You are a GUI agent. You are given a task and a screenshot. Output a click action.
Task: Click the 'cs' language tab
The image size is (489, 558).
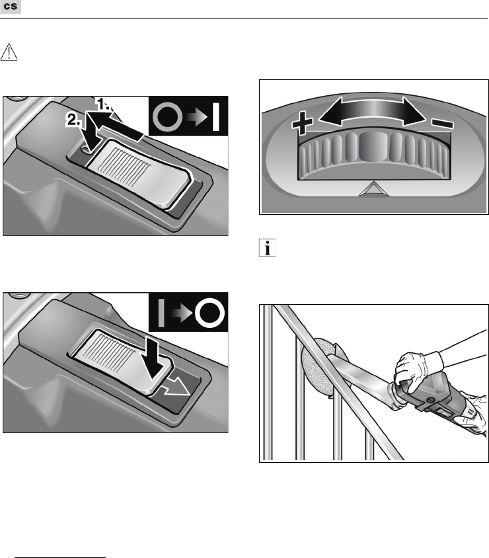click(x=11, y=7)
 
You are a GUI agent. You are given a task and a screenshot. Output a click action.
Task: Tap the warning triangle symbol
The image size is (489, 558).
click(x=9, y=52)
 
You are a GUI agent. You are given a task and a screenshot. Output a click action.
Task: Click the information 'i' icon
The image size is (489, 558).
click(x=267, y=248)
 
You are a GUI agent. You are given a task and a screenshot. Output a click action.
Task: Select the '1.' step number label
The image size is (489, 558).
click(x=104, y=104)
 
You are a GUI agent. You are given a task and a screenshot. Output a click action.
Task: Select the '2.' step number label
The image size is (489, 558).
click(x=73, y=120)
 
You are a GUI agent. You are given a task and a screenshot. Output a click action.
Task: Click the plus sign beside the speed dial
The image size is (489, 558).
click(x=302, y=123)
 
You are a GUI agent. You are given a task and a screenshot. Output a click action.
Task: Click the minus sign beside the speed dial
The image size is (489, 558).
click(x=442, y=124)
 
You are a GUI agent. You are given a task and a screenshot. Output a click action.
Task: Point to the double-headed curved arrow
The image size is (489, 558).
click(x=372, y=111)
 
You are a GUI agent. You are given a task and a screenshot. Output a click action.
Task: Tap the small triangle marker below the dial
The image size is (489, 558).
click(x=373, y=189)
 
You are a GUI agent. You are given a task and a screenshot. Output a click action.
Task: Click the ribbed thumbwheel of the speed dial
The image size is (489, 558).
click(x=373, y=155)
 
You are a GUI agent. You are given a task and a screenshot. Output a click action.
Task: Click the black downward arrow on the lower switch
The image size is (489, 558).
click(x=155, y=359)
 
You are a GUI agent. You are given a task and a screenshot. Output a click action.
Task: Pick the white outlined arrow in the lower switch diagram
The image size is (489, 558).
click(x=175, y=387)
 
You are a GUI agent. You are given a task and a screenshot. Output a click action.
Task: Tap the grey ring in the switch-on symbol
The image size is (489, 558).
click(x=167, y=117)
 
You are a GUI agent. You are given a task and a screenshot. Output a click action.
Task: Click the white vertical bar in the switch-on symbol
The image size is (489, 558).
click(x=215, y=117)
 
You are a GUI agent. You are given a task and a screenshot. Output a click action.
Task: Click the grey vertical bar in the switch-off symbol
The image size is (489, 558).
click(x=161, y=313)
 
